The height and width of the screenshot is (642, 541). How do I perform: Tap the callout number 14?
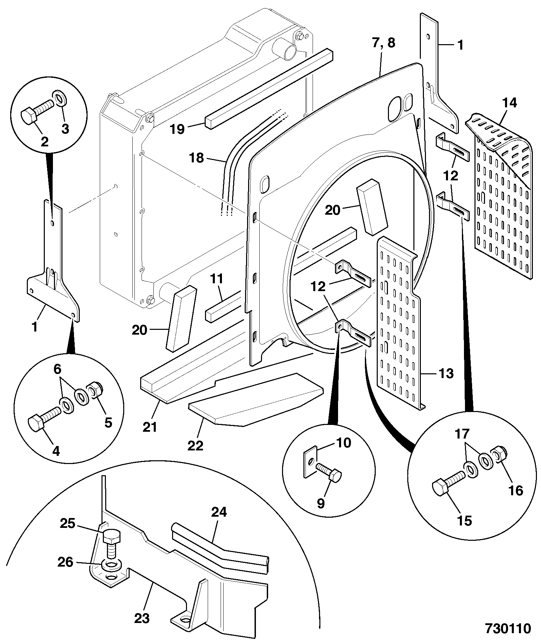[x=510, y=103]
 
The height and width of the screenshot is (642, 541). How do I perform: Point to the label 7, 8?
[x=384, y=43]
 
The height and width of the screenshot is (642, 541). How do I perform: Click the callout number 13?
[x=446, y=374]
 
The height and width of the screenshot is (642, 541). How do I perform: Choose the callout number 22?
[x=195, y=445]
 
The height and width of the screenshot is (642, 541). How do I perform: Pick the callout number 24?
[x=219, y=512]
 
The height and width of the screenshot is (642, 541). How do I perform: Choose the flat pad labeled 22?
[x=256, y=399]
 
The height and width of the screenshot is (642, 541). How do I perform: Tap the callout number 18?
[x=197, y=158]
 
